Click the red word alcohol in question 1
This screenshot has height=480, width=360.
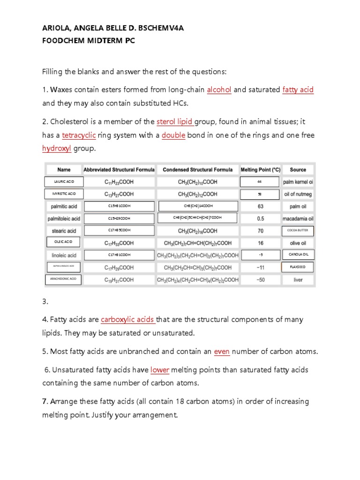tap(219, 90)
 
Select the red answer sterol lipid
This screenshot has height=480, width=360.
tap(175, 122)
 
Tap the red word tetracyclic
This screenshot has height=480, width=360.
tap(79, 135)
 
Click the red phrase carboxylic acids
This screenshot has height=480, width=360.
tap(127, 320)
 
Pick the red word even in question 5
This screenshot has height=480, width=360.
tap(221, 352)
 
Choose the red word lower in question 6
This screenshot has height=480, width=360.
tap(160, 370)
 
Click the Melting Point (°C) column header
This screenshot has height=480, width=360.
tap(260, 170)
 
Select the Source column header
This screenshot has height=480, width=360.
tap(298, 170)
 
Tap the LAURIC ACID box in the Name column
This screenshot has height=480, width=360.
tap(64, 182)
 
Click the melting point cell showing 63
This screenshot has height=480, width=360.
tap(260, 206)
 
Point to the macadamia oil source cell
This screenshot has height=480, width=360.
tap(298, 218)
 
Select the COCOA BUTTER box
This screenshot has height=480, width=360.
tap(298, 231)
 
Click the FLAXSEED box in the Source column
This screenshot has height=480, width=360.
tap(298, 267)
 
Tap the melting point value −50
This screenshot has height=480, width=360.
tap(260, 280)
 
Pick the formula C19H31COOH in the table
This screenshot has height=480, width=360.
tap(119, 280)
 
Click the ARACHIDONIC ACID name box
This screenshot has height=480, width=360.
tap(63, 280)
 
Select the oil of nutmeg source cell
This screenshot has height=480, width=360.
tap(298, 194)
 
